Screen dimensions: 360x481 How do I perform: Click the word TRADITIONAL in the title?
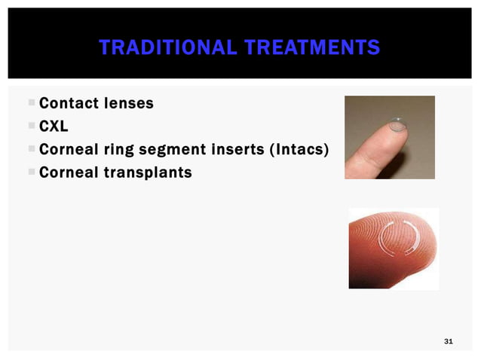click(155, 49)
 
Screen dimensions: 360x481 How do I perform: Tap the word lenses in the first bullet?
click(130, 103)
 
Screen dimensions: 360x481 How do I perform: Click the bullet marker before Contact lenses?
click(30, 103)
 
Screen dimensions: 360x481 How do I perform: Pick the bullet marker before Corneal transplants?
click(30, 172)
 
